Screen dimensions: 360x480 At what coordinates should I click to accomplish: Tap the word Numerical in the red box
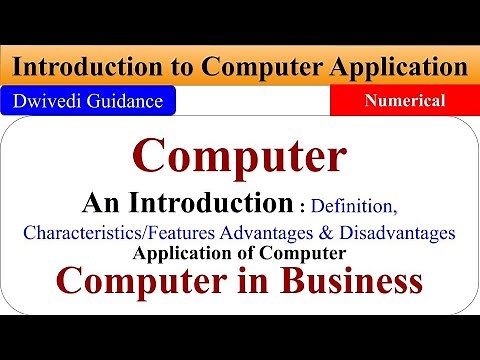tap(405, 101)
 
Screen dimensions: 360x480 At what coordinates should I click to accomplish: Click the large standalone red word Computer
tap(240, 157)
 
